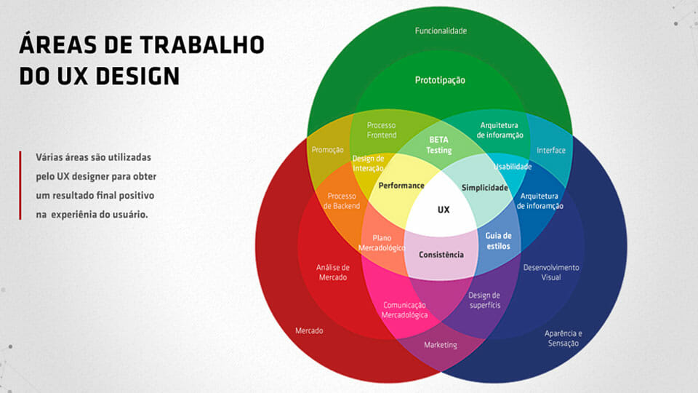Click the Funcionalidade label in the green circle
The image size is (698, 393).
pos(441,31)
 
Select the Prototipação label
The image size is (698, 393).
pos(440,80)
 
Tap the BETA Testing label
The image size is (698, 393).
pos(439,145)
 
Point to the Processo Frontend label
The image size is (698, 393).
pos(382,130)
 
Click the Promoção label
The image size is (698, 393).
pos(327,150)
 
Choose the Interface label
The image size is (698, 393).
pos(551,150)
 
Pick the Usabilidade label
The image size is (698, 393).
pos(513,167)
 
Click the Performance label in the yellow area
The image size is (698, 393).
pos(401,186)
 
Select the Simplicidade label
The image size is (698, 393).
pos(485,188)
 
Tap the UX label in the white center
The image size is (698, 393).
pos(444,210)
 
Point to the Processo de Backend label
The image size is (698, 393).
pos(342,201)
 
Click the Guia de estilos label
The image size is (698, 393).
pos(498,241)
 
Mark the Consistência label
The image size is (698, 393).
pos(441,255)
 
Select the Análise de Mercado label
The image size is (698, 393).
pos(332,272)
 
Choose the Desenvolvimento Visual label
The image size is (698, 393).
pos(551,272)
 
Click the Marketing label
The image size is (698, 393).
pos(441,345)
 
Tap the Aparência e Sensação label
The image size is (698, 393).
pos(563,338)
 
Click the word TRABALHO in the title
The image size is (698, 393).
pos(202,45)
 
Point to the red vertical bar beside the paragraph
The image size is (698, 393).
pos(20,186)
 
